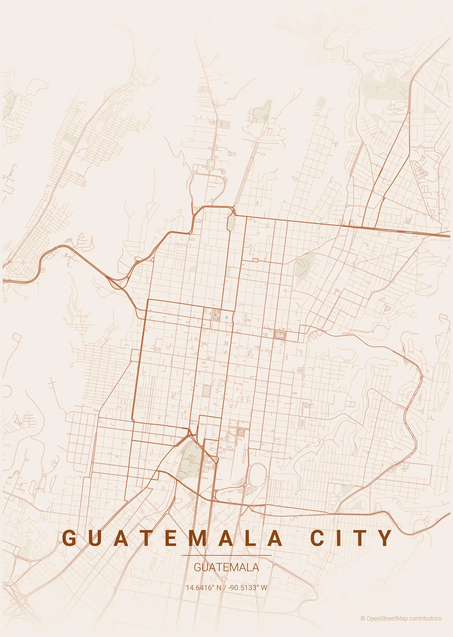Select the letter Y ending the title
(385, 538)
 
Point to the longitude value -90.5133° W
(247, 588)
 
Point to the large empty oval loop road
(257, 476)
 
